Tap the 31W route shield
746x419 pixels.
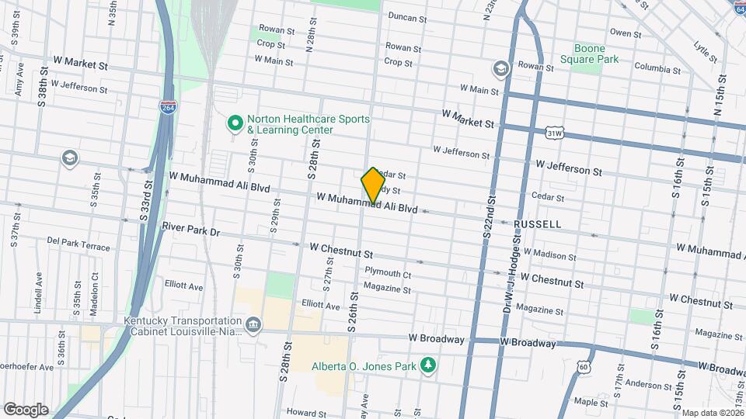point(554,133)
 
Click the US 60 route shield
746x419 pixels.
point(584,366)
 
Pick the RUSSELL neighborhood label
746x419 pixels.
point(537,224)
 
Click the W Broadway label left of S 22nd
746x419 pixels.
point(437,339)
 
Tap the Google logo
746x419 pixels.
point(26,409)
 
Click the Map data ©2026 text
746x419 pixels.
point(713,413)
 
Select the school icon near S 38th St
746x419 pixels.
point(71,159)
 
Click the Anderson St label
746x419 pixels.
point(642,384)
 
